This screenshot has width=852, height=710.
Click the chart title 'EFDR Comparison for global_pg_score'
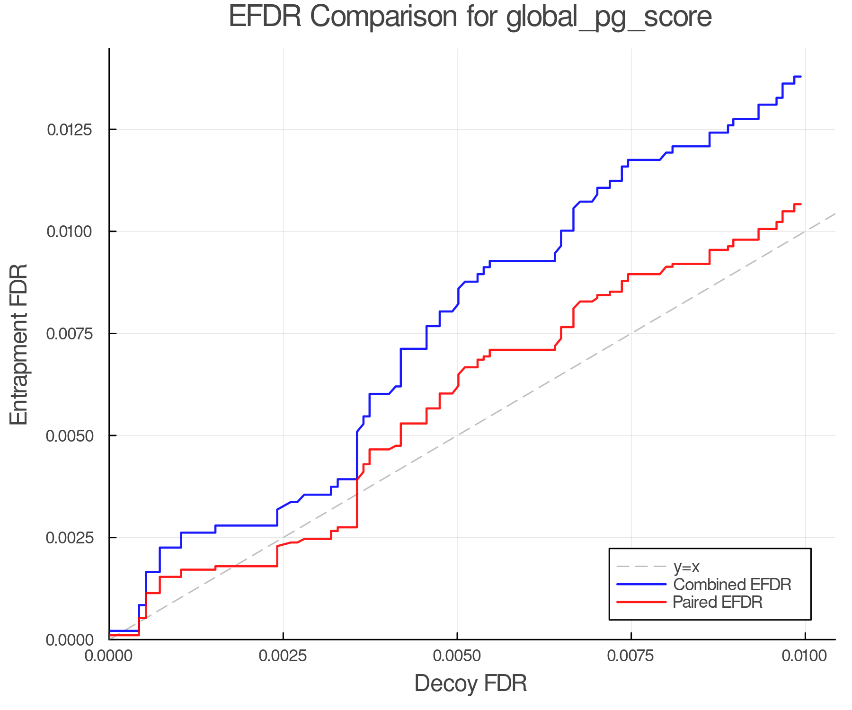(x=470, y=17)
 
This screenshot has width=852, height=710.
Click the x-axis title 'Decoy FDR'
(x=470, y=683)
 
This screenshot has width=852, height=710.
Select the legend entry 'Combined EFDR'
(x=732, y=585)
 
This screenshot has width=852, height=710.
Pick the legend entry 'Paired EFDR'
(x=718, y=602)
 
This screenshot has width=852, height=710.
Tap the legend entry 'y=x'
(x=686, y=567)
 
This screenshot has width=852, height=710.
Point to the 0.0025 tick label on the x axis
(x=283, y=656)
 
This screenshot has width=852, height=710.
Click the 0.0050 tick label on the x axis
(x=457, y=656)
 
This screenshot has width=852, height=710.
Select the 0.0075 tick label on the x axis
(x=631, y=656)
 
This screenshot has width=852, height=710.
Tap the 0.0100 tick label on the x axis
(x=805, y=656)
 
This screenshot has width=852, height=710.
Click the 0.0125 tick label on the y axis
(x=69, y=129)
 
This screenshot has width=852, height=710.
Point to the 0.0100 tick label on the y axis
(x=69, y=231)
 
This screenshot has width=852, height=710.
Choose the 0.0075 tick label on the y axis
(x=69, y=333)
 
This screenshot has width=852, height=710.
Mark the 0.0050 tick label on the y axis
(x=69, y=435)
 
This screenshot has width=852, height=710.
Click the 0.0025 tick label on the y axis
(x=69, y=538)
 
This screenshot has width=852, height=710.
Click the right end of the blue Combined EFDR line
(x=800, y=76)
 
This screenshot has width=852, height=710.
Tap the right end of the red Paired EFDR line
(x=800, y=204)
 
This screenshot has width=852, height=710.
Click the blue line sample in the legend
(x=641, y=585)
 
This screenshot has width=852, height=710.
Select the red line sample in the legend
(x=641, y=602)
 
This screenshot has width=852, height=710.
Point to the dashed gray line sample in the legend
(x=641, y=567)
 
